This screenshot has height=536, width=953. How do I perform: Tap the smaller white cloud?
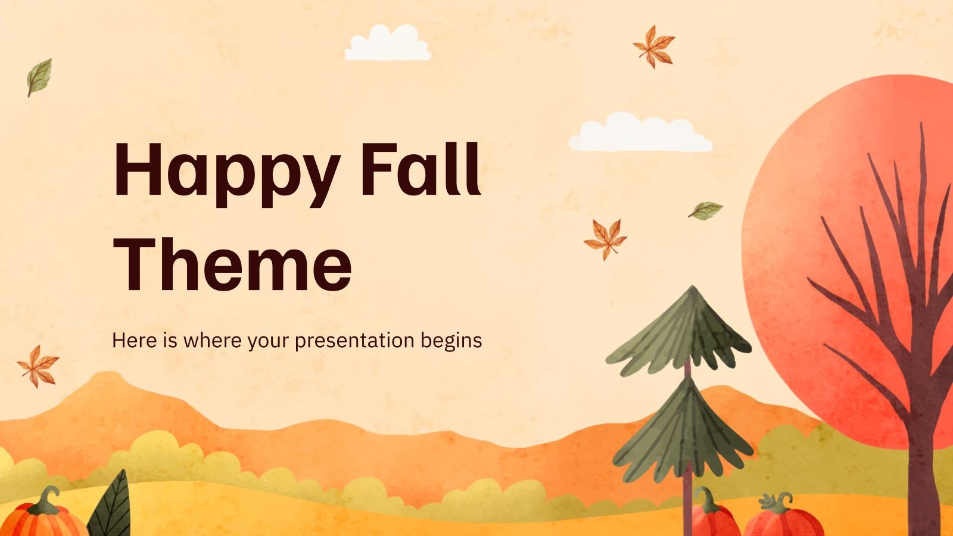pyautogui.click(x=388, y=44)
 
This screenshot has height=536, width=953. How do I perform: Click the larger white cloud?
pyautogui.click(x=640, y=133)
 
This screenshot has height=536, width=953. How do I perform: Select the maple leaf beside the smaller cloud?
pyautogui.click(x=653, y=45)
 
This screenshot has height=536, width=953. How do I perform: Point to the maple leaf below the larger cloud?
pyautogui.click(x=605, y=238)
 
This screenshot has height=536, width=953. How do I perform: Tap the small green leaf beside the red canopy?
pyautogui.click(x=705, y=210)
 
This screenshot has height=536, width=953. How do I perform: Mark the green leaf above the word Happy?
pyautogui.click(x=39, y=76)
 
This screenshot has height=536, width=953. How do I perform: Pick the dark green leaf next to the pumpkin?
pyautogui.click(x=112, y=506)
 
